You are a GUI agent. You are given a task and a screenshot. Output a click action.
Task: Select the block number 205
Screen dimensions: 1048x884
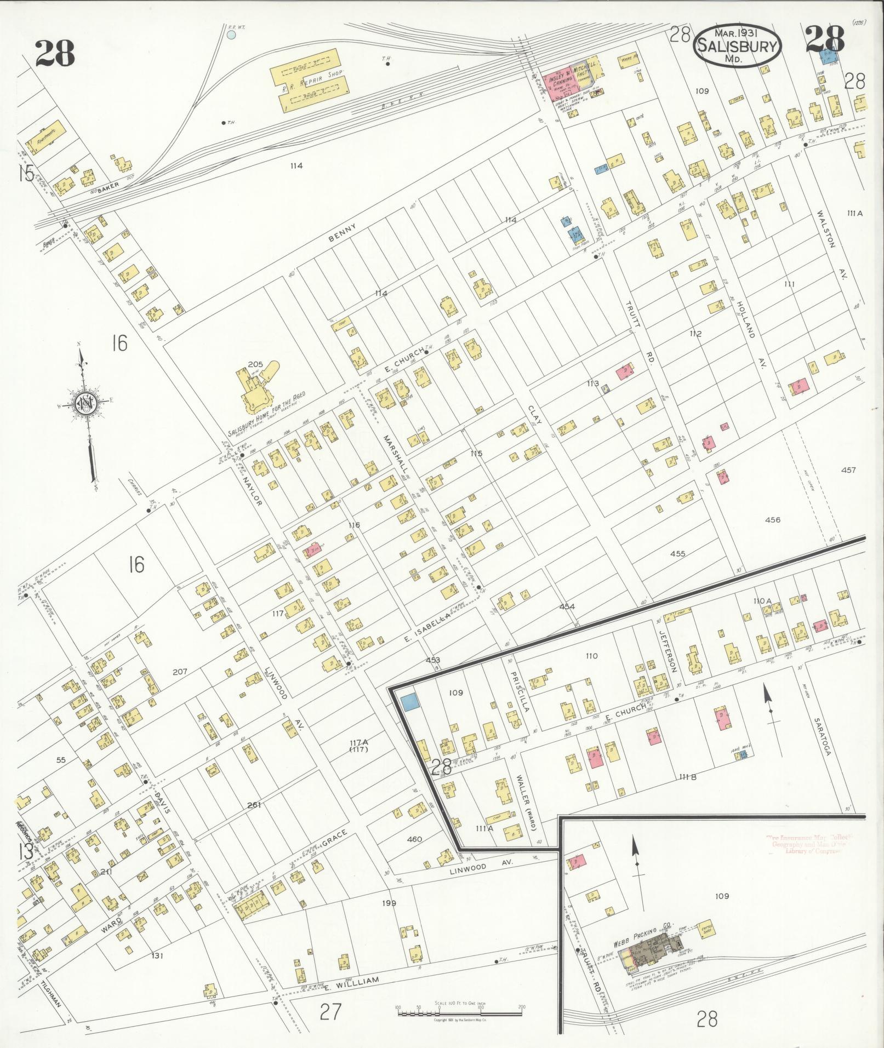255,364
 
